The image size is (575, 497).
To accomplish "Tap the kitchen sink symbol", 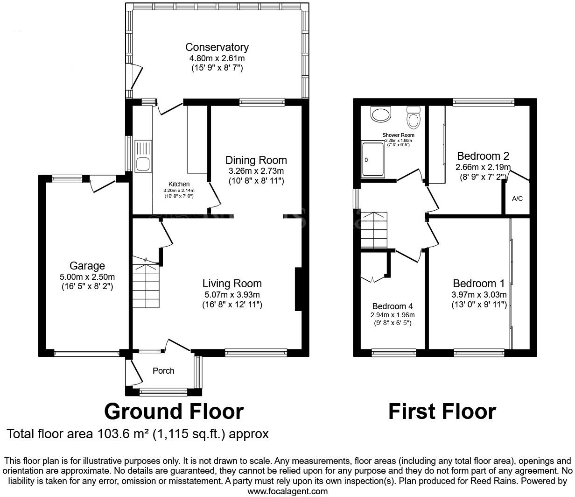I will [x=142, y=156].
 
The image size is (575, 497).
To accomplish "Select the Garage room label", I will [x=87, y=266].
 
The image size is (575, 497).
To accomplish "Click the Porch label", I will [x=163, y=371].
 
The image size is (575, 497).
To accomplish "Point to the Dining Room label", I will [x=256, y=160].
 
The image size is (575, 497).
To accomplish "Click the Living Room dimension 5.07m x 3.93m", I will [x=232, y=294].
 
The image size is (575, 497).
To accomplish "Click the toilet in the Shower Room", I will [x=413, y=117].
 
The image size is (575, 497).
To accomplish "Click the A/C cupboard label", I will [x=517, y=199].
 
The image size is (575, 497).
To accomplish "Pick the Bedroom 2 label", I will [x=483, y=156].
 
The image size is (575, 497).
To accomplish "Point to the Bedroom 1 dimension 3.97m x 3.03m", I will [x=478, y=295].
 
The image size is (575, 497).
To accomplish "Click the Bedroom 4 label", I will [x=392, y=306].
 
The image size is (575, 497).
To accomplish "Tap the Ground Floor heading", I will [x=174, y=412].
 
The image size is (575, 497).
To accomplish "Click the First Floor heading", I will [x=442, y=412].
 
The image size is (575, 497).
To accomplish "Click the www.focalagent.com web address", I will [x=287, y=491].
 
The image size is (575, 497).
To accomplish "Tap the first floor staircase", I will [x=374, y=230].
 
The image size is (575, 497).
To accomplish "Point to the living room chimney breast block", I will [x=298, y=289].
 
